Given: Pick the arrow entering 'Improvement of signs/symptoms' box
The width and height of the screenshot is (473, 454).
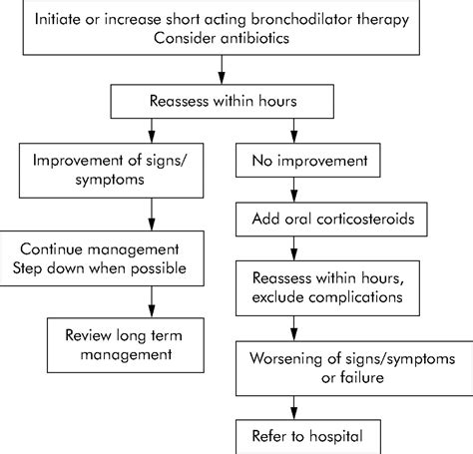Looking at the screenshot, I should (x=150, y=130).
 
